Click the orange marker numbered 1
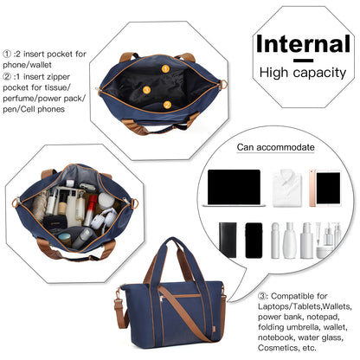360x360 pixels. pyautogui.click(x=165, y=69)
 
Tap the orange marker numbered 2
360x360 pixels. pyautogui.click(x=167, y=105)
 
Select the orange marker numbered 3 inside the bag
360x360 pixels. pyautogui.click(x=146, y=90)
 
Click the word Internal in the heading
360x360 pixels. pyautogui.click(x=303, y=44)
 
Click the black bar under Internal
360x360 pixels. pyautogui.click(x=303, y=61)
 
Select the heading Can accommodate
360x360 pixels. pyautogui.click(x=275, y=147)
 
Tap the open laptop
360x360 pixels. pyautogui.click(x=234, y=188)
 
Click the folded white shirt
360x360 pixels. pyautogui.click(x=287, y=188)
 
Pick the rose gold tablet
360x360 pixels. pyautogui.click(x=325, y=188)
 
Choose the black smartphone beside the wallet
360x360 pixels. pyautogui.click(x=254, y=241)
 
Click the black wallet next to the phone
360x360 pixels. pyautogui.click(x=228, y=240)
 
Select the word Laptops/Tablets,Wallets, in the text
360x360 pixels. pyautogui.click(x=305, y=306)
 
